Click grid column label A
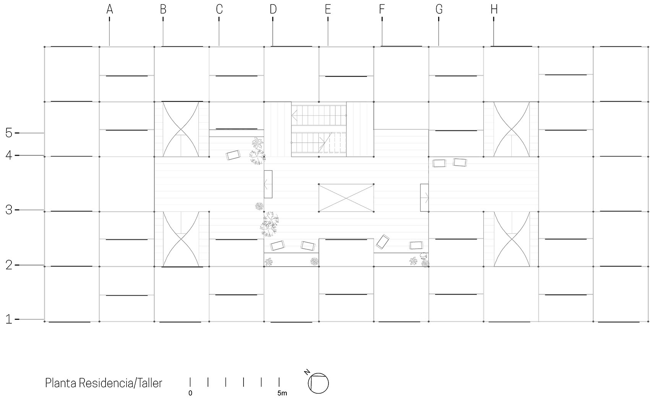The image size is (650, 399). pos(110,9)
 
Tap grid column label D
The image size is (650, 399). pos(273,9)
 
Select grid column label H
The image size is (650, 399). pos(494,9)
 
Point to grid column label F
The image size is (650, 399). pos(382,9)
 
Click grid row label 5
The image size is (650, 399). pos(9,133)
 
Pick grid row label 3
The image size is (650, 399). pos(9,210)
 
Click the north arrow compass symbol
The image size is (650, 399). pos(319,383)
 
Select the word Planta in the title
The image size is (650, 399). pos(61,383)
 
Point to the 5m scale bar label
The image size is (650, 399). pos(282,393)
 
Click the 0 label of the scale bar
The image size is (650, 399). pos(190,393)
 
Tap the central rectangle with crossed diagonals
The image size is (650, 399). pos(346,197)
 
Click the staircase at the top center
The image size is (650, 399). pos(319,129)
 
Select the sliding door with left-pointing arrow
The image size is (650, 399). pos(268,184)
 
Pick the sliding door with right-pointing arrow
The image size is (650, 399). pos(424,197)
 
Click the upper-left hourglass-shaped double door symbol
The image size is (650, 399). pos(181,129)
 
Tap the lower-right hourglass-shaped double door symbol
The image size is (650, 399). pos(512,239)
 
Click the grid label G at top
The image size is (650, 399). pos(439,9)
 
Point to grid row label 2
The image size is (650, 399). pos(9,265)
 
